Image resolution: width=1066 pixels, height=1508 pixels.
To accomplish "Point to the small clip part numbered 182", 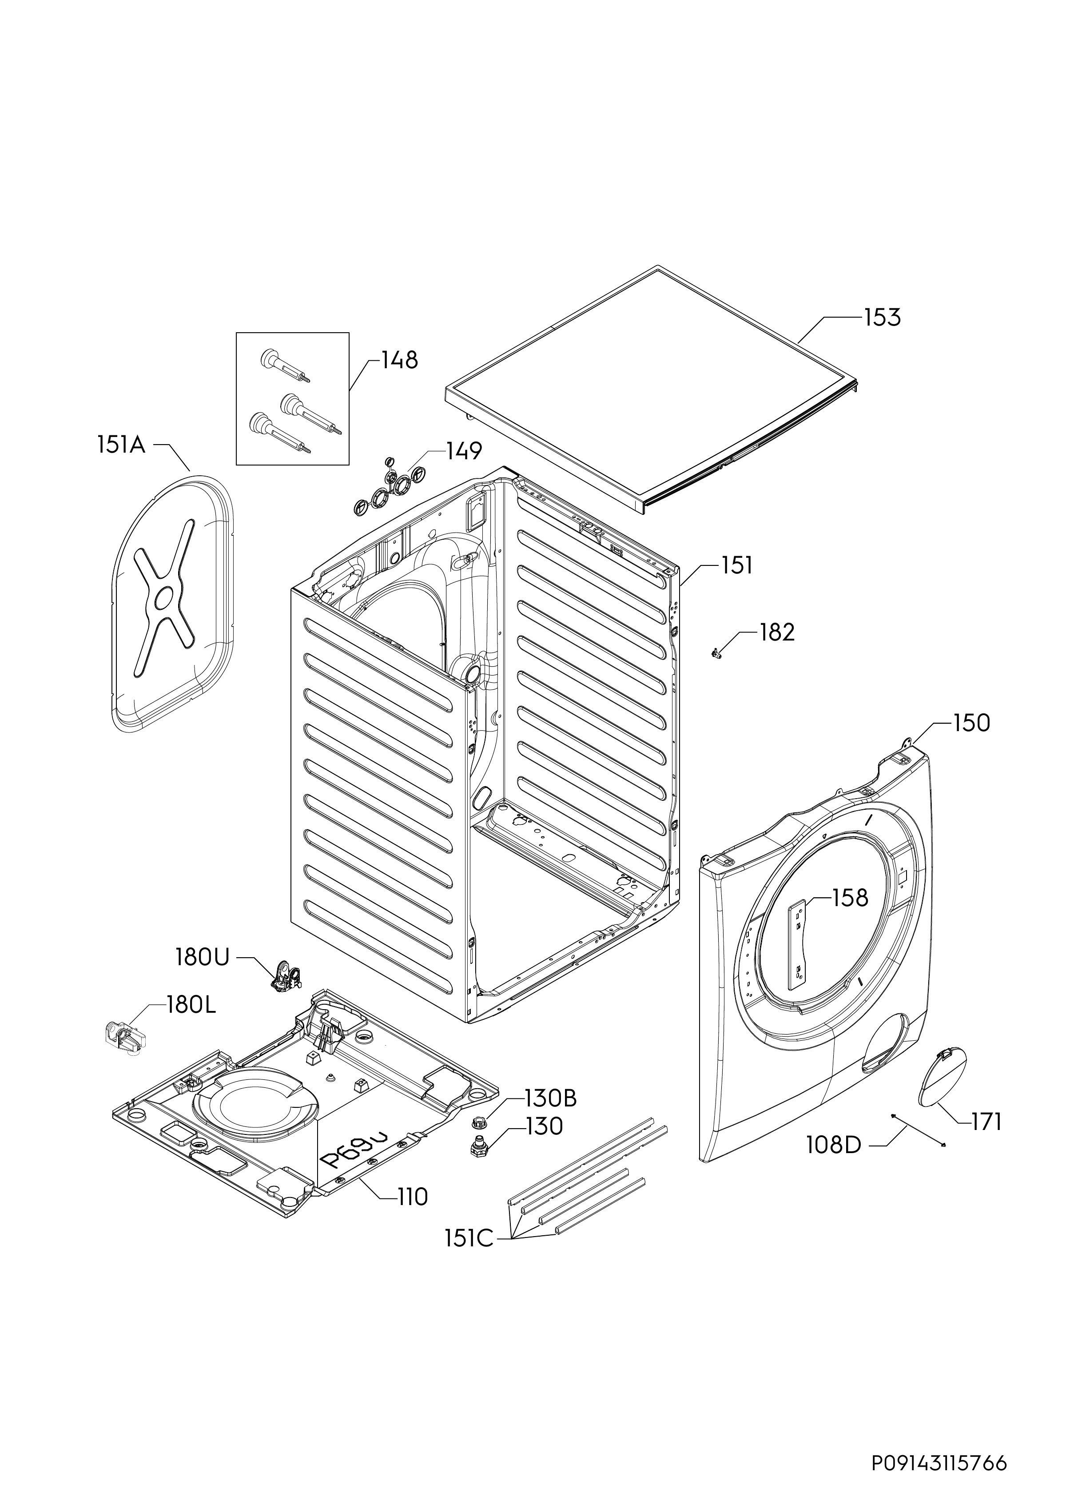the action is point(716,653).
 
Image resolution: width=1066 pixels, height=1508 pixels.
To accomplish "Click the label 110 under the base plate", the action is point(413,1197).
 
